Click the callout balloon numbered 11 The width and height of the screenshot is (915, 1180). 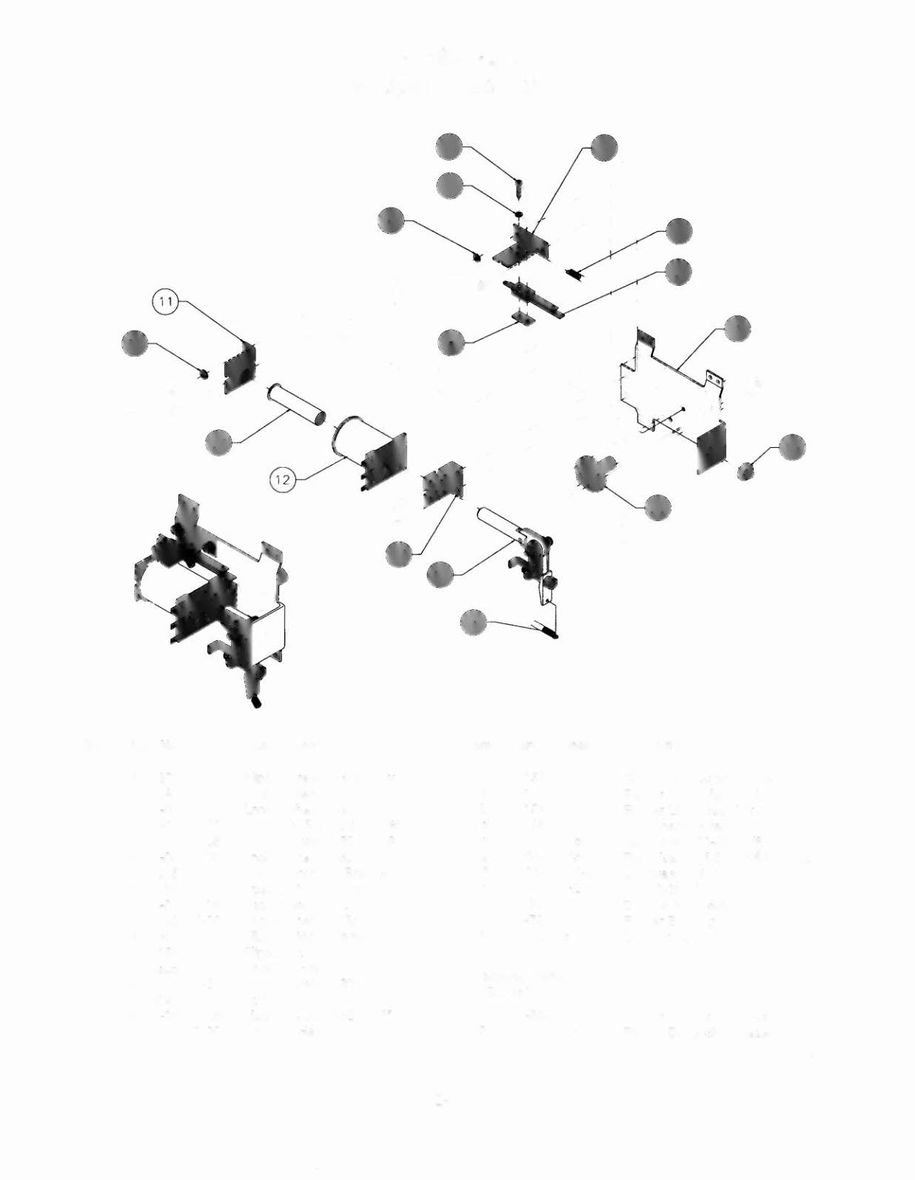pyautogui.click(x=165, y=301)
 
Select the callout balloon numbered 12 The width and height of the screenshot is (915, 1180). pyautogui.click(x=282, y=480)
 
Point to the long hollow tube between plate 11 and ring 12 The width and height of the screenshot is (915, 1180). pyautogui.click(x=295, y=403)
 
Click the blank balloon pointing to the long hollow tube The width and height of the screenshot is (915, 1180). pyautogui.click(x=219, y=442)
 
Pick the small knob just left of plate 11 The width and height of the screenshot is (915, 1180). pyautogui.click(x=201, y=372)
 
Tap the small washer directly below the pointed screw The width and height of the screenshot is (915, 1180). pyautogui.click(x=519, y=214)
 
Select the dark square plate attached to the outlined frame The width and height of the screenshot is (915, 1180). pyautogui.click(x=711, y=446)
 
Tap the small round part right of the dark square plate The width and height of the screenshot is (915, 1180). pyautogui.click(x=745, y=470)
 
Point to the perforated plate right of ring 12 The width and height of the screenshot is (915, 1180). pyautogui.click(x=442, y=486)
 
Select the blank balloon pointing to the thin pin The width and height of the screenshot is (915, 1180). pyautogui.click(x=474, y=622)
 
